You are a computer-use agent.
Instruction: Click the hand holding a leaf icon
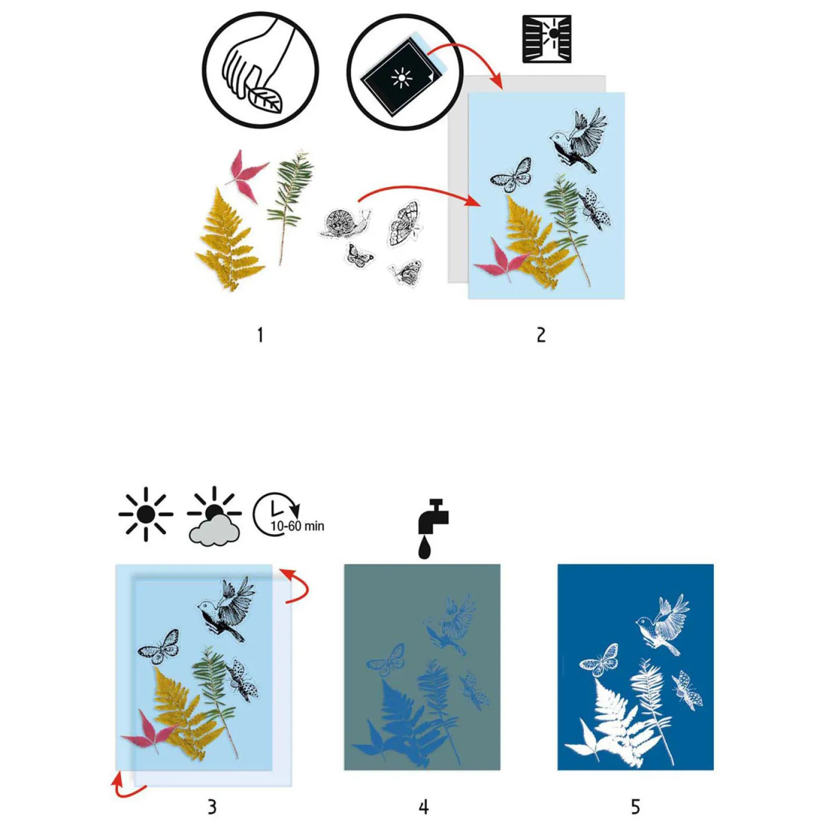(x=261, y=70)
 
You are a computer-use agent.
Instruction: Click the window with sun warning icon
(x=546, y=39)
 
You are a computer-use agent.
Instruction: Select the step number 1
(x=260, y=334)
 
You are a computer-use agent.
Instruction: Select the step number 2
(x=541, y=334)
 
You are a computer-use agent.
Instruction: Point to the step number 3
(x=212, y=806)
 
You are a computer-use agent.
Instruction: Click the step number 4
(x=423, y=806)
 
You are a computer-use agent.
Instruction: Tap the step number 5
(x=635, y=806)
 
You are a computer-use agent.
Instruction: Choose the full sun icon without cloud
(x=146, y=514)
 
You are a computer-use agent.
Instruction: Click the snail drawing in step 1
(x=344, y=223)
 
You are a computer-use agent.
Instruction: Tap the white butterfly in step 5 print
(x=600, y=660)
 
